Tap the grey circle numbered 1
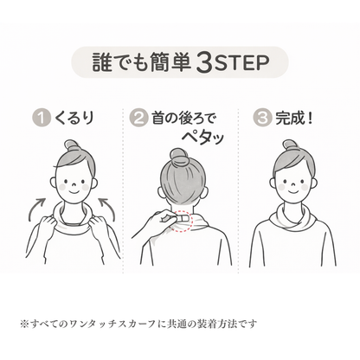(39, 116)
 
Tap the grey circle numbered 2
(139, 116)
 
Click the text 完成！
(292, 116)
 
